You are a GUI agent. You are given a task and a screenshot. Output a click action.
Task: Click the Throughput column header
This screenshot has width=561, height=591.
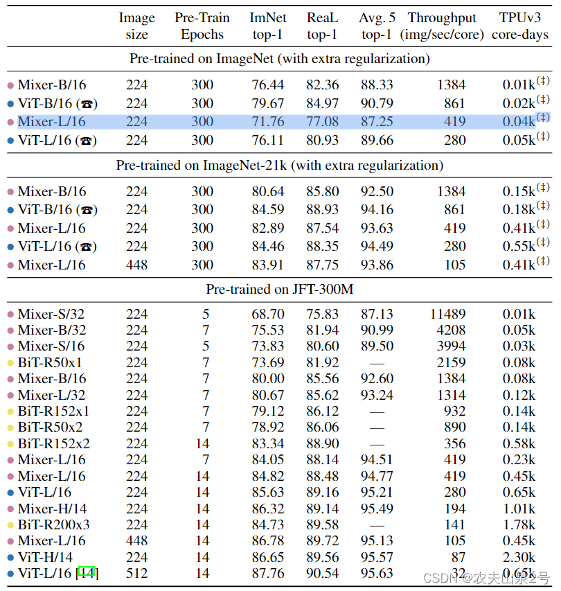(442, 26)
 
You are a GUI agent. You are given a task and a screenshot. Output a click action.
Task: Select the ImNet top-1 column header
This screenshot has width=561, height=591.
(267, 26)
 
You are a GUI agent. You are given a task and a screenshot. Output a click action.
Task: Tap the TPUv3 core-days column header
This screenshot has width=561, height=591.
(520, 26)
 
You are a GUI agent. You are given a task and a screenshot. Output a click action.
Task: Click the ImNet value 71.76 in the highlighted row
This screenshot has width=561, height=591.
(267, 122)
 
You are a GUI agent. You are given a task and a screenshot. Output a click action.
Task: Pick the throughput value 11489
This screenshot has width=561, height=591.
(447, 314)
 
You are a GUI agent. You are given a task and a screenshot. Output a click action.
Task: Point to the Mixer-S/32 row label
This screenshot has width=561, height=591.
(52, 314)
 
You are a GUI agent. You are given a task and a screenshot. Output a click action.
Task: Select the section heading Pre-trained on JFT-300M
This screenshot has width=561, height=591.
(280, 290)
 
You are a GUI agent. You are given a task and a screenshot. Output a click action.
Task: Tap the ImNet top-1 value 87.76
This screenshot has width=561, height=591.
(267, 574)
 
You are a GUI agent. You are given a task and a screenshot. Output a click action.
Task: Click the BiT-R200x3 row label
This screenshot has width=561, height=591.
(54, 524)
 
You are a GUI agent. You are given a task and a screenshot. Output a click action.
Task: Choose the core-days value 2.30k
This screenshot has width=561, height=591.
(519, 557)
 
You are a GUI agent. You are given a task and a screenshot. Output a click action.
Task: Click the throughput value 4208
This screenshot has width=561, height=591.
(451, 330)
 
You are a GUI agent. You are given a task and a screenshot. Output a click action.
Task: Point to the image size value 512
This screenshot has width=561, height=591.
(136, 574)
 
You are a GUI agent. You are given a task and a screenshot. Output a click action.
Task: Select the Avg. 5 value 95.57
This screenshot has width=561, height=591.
(376, 557)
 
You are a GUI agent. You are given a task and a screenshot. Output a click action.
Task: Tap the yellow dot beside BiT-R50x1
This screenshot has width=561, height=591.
(10, 362)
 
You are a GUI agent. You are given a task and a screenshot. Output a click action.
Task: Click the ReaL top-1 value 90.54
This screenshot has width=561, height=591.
(322, 574)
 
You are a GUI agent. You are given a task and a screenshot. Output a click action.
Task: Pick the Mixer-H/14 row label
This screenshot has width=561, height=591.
(52, 509)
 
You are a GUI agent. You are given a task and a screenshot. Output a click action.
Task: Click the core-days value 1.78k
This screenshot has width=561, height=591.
(519, 524)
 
